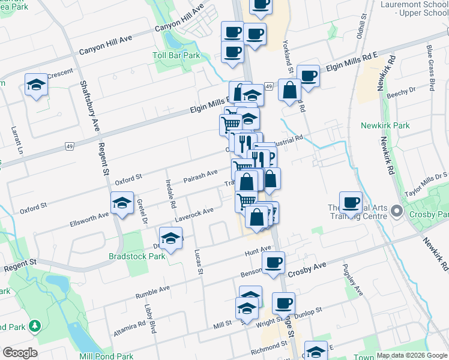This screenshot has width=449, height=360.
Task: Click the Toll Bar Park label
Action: click(x=175, y=55)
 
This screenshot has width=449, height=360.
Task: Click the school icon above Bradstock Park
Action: click(x=171, y=238)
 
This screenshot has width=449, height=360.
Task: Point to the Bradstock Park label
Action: click(x=136, y=256)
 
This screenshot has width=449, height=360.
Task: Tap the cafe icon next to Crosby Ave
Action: click(x=273, y=262)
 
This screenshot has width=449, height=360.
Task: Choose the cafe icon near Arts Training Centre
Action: click(x=351, y=202)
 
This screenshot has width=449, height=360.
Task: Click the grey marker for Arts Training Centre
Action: click(x=396, y=211)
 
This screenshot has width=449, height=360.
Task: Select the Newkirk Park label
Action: click(x=385, y=125)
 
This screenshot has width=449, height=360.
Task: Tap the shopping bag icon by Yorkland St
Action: click(x=289, y=90)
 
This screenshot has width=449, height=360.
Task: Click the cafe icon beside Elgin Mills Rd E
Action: click(x=308, y=76)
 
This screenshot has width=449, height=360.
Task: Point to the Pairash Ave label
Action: click(x=200, y=175)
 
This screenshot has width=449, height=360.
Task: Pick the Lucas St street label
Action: click(x=199, y=260)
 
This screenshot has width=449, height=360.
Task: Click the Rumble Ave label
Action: click(x=152, y=290)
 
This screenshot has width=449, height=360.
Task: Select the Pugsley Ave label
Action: click(x=352, y=279)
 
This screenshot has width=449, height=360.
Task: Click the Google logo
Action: click(x=19, y=353)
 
